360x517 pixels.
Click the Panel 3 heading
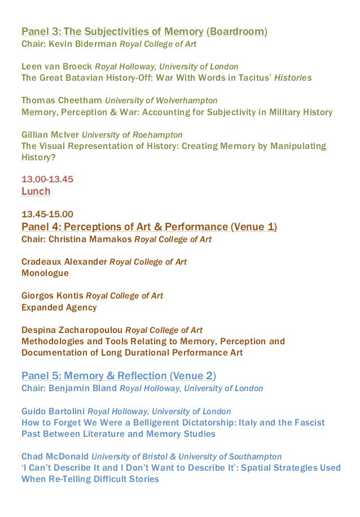tap(144, 32)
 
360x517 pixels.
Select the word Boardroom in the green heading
tap(237, 32)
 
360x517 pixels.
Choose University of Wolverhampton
tap(161, 100)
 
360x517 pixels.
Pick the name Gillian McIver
tap(50, 135)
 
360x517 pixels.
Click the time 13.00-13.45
tap(47, 179)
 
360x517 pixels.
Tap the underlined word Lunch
tap(36, 191)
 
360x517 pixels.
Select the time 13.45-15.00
tap(47, 214)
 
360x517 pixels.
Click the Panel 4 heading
tap(149, 227)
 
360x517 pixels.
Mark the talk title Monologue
tap(45, 273)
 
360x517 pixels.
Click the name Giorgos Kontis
tap(52, 296)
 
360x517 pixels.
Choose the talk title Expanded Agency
tap(59, 308)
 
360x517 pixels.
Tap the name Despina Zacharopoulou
tap(72, 330)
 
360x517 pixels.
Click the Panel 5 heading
tap(118, 376)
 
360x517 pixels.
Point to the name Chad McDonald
tap(55, 457)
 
